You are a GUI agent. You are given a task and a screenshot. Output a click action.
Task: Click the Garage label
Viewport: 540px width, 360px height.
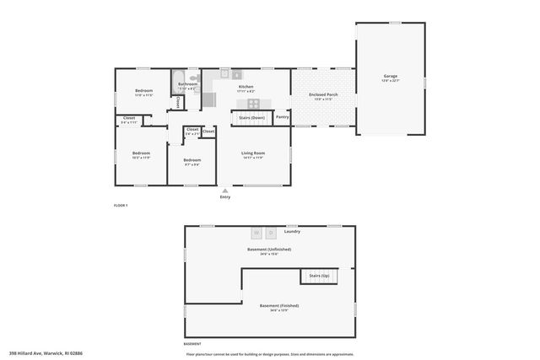coord(391,77)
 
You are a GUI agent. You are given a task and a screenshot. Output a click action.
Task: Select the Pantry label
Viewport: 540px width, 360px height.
coord(282,117)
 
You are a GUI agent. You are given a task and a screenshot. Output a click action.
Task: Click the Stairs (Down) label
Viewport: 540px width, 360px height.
coord(251,117)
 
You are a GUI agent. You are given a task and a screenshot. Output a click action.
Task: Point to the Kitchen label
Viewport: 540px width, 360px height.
coord(246,87)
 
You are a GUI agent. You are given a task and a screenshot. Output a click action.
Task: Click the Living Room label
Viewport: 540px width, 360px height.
coord(251,153)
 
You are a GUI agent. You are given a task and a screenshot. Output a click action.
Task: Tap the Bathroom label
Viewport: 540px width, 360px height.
coord(187,83)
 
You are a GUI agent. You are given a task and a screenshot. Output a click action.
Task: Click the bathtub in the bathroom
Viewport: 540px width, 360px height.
coord(178,82)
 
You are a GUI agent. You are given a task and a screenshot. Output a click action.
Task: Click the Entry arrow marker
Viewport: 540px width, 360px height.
coord(224,191)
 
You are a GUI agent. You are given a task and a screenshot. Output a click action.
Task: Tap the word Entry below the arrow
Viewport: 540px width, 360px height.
coord(224,197)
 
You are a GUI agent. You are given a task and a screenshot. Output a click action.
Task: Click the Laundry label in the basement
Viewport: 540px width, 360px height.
coord(292,231)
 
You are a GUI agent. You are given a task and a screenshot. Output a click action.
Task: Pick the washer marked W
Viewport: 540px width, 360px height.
coord(257,232)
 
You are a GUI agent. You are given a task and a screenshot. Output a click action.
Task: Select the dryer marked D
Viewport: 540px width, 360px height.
coord(271,232)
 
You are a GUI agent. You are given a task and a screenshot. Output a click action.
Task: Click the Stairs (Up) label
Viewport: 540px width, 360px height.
coord(319,276)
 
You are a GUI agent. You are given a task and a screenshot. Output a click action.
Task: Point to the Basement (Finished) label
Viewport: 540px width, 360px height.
coord(278,305)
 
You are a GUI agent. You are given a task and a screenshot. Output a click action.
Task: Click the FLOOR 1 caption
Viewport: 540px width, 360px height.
coord(120,205)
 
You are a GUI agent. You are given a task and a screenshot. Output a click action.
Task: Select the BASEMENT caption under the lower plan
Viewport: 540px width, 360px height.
coord(192,345)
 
